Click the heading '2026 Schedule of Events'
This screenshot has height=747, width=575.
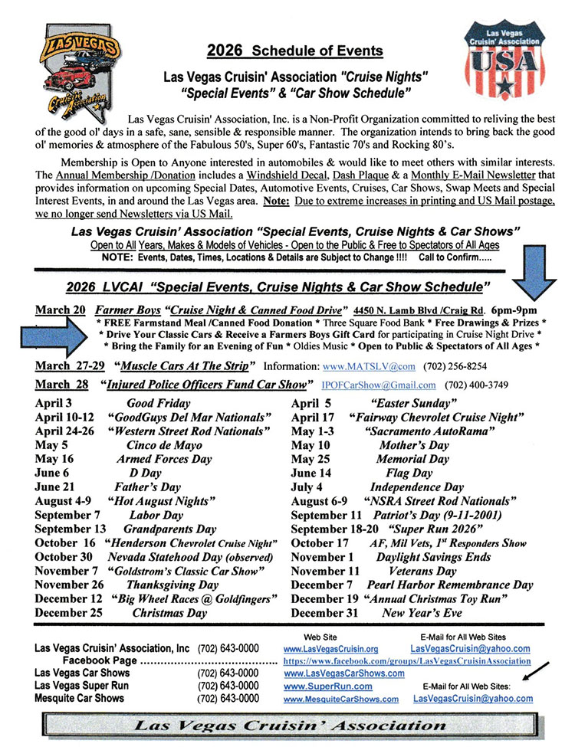294,52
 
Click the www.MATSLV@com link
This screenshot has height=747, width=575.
379,365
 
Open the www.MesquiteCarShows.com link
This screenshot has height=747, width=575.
340,699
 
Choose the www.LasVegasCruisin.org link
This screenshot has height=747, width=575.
330,648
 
